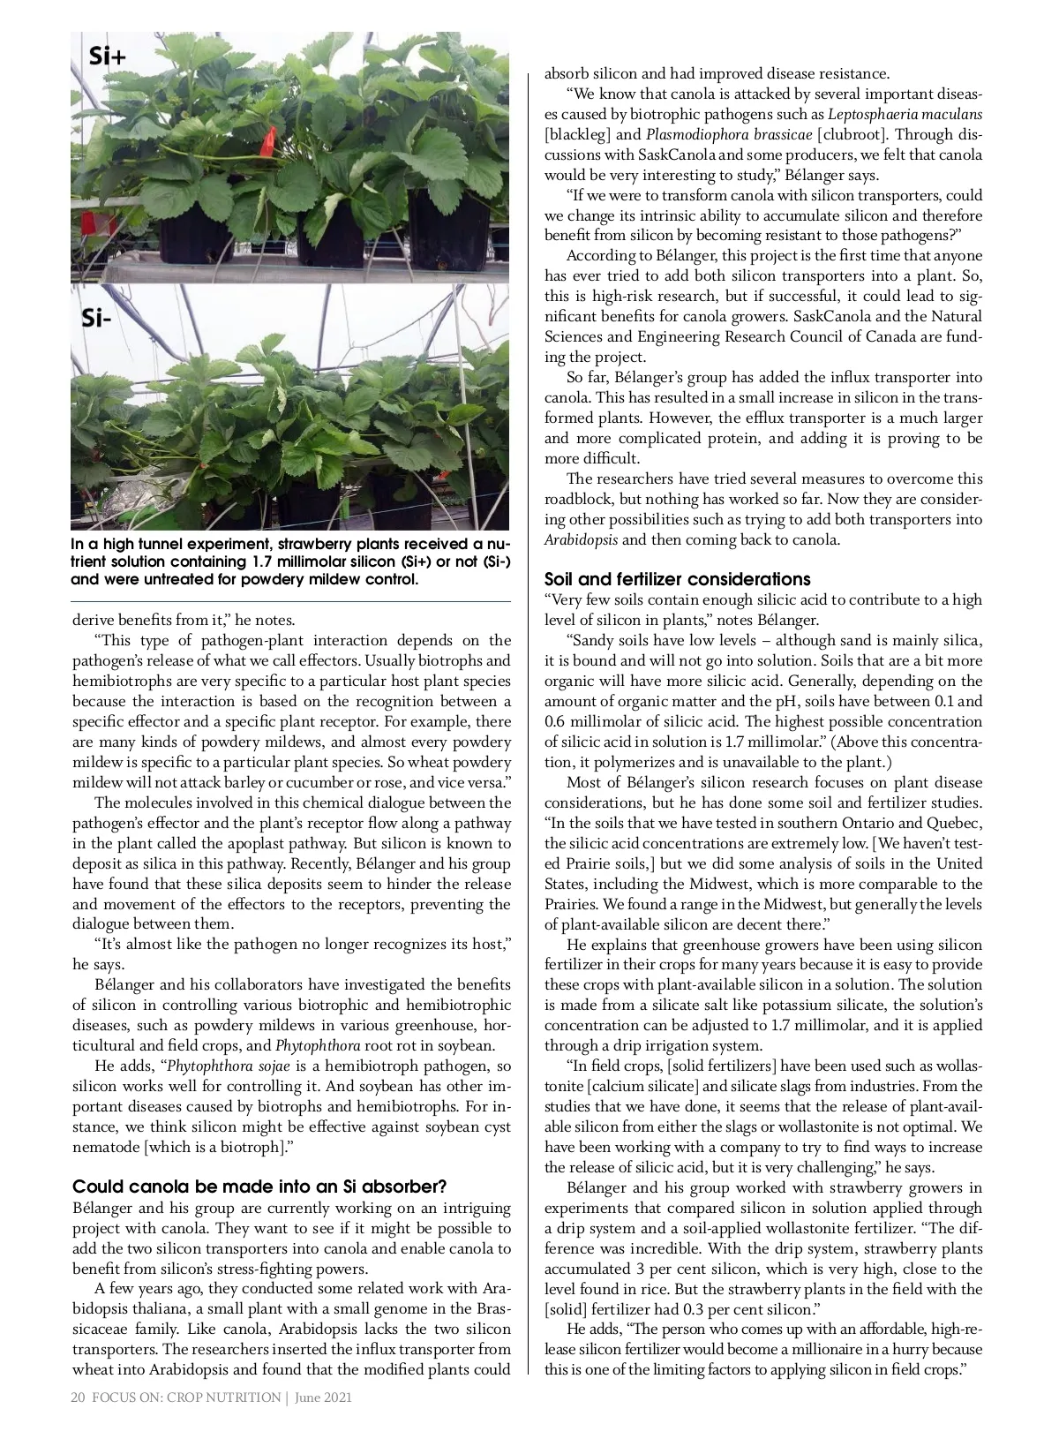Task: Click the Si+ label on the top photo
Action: coord(108,57)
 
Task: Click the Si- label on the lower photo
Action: coord(96,318)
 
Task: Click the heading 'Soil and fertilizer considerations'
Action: coord(677,579)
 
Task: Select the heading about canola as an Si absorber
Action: coord(259,1186)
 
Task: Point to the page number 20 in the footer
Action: coord(78,1398)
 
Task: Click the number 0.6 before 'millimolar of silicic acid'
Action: coord(556,721)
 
